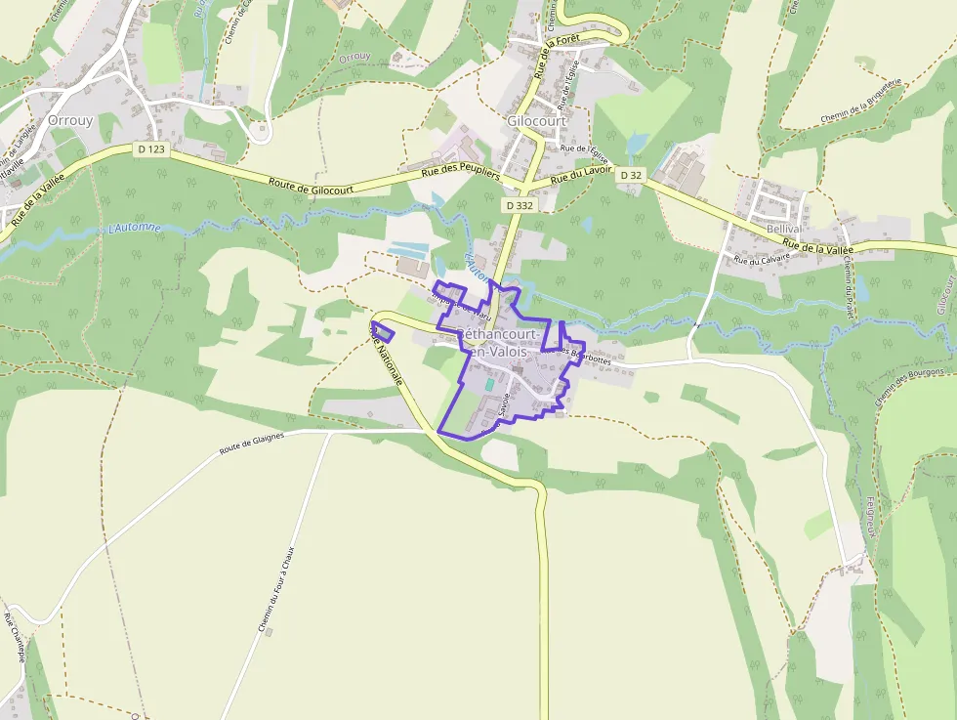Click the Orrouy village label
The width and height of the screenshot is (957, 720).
click(70, 120)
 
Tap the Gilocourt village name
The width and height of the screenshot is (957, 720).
click(535, 121)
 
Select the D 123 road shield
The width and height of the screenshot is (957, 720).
click(152, 149)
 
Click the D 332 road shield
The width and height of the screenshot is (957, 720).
click(519, 206)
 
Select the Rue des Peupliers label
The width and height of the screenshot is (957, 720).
click(460, 174)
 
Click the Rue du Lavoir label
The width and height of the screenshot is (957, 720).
click(581, 175)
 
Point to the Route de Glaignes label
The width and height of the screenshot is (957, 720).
click(251, 443)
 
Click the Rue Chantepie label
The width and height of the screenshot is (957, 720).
click(14, 639)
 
